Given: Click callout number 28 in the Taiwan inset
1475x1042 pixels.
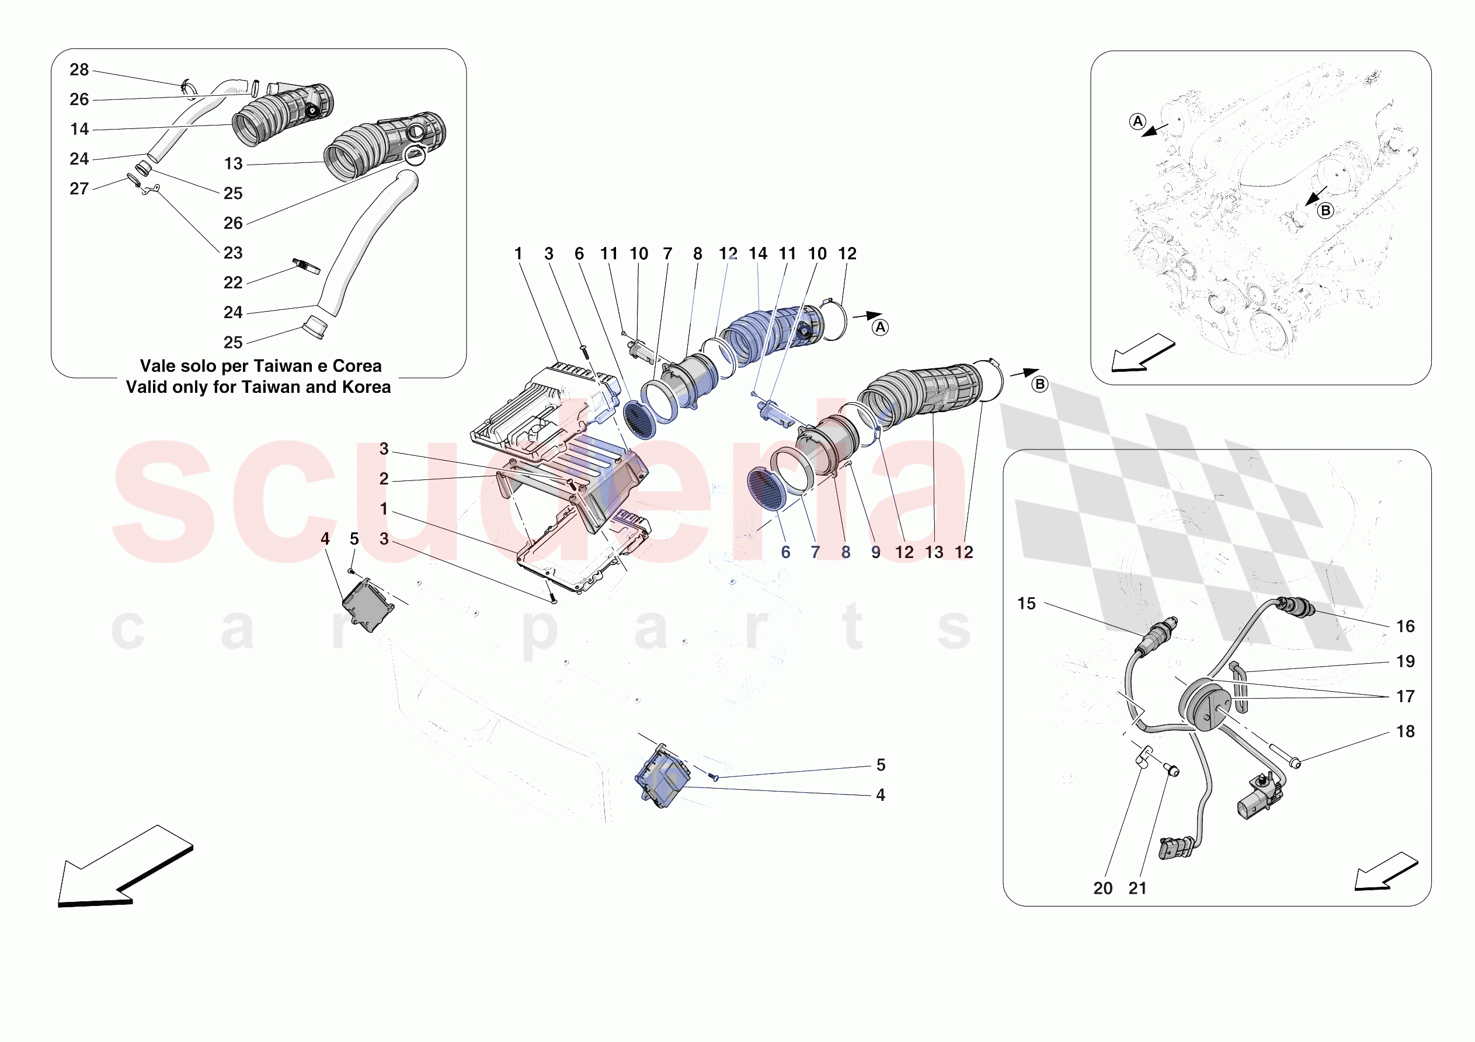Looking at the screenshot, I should (x=79, y=69).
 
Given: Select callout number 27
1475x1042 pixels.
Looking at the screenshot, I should (x=79, y=189).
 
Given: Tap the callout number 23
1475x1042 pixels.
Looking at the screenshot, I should (x=233, y=253).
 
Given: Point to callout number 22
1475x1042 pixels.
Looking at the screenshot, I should (x=233, y=283).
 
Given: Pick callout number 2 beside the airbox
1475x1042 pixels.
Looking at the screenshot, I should (x=384, y=479).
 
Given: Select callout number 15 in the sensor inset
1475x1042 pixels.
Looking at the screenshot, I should (x=1026, y=604).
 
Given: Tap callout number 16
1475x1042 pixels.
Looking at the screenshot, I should (x=1405, y=626).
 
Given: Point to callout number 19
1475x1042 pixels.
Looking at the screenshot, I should (x=1405, y=662).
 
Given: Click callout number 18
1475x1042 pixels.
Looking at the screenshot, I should (x=1405, y=731).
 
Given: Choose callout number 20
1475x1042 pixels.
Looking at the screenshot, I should (x=1102, y=888).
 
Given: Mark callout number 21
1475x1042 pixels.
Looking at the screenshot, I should (x=1137, y=888).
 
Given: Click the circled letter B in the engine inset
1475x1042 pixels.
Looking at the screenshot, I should (x=1325, y=211).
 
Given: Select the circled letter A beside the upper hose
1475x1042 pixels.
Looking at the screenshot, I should (x=880, y=327).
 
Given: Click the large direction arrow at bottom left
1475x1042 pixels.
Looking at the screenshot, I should (x=122, y=867).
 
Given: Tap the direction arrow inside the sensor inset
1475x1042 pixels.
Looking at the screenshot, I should (x=1384, y=872).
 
